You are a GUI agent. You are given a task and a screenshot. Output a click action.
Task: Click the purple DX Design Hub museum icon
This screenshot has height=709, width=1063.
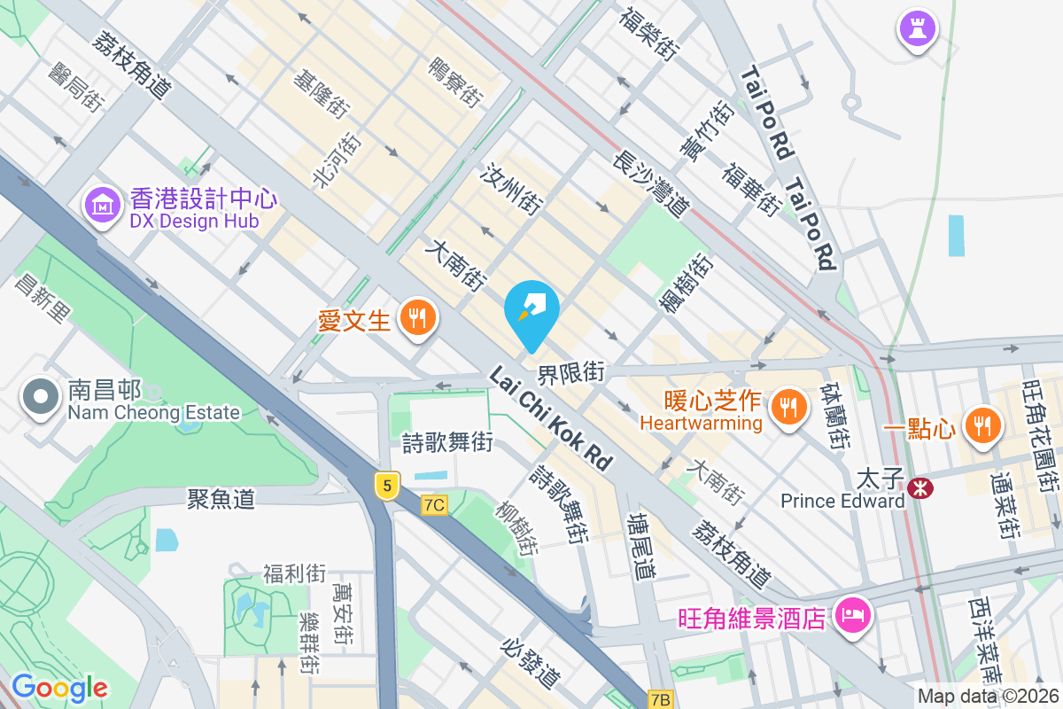click(104, 206)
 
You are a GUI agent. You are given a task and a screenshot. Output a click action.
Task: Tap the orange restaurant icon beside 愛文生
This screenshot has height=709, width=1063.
click(415, 316)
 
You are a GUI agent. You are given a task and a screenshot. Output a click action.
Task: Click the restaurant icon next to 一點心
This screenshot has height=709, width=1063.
click(981, 425)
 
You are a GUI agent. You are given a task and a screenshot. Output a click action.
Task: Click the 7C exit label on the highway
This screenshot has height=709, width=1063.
click(435, 505)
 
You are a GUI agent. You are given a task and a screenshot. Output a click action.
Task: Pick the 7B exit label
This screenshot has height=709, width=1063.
click(660, 699)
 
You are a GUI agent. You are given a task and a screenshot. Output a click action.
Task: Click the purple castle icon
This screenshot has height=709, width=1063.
click(917, 28)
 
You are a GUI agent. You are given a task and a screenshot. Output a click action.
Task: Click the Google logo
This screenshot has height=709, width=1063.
click(59, 688)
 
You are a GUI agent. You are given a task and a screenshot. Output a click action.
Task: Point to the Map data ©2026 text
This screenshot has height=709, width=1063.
click(987, 697)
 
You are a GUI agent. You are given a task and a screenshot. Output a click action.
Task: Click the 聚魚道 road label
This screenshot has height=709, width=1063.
click(221, 499)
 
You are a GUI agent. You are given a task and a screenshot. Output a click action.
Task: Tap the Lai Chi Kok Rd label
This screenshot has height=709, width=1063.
click(550, 419)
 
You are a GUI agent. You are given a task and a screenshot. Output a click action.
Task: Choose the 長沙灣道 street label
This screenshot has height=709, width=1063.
click(650, 185)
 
